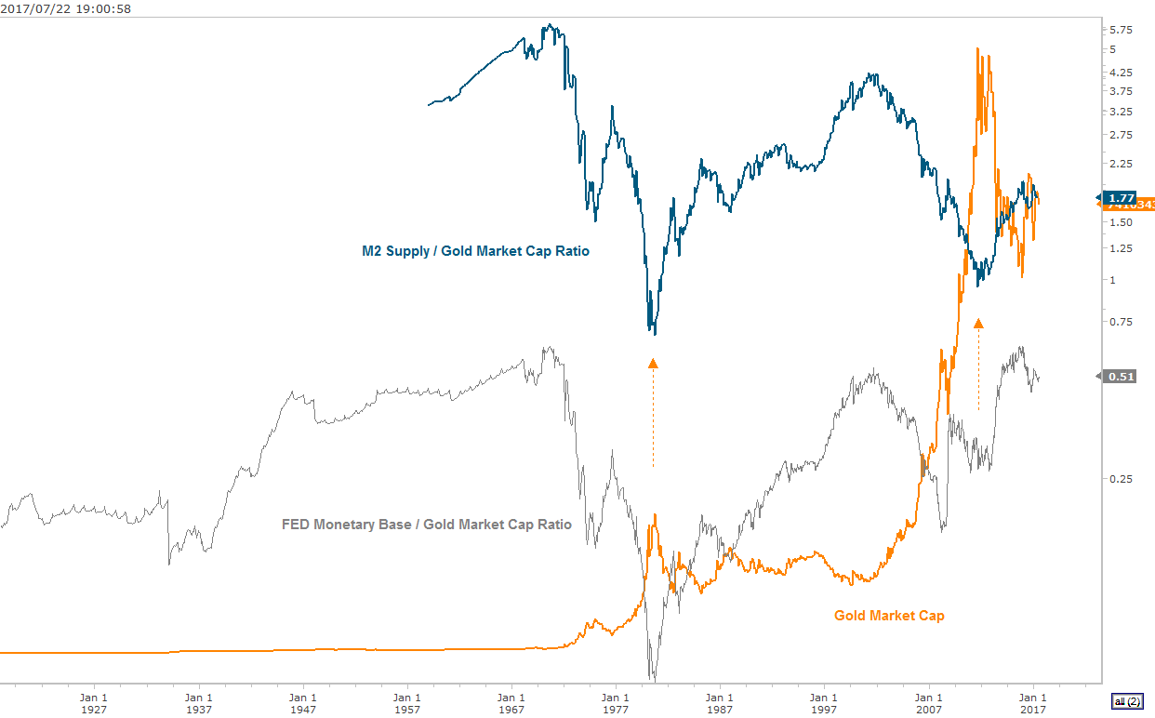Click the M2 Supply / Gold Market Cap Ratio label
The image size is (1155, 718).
pos(475,251)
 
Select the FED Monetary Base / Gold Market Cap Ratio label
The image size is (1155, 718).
pos(427,525)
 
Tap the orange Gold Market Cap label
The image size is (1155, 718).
pos(889,615)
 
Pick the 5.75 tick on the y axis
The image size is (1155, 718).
pos(1121,30)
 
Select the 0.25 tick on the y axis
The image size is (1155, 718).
pos(1121,479)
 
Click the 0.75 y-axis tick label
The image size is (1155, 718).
pos(1121,322)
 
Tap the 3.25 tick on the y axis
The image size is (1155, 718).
pos(1121,112)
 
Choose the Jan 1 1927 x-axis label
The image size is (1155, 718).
pos(93,702)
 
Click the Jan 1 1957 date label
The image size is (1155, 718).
pos(405,702)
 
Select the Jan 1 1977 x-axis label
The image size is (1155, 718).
pos(615,702)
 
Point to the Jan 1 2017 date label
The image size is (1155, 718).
pos(1032,702)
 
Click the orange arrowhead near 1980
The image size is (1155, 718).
pos(653,364)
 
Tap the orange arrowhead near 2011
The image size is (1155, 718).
pos(978,323)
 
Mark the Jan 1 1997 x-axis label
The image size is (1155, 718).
pos(823,702)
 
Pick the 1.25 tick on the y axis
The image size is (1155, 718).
pos(1121,248)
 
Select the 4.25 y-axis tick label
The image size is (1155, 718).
pos(1121,72)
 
